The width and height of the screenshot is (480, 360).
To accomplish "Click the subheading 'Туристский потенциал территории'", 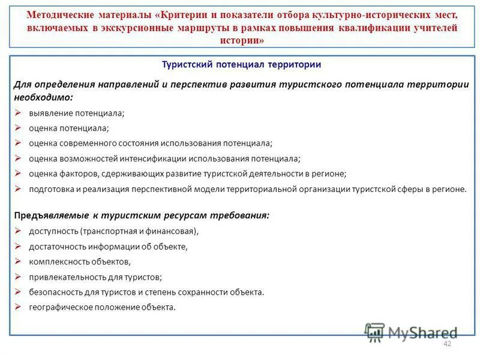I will coord(242,64).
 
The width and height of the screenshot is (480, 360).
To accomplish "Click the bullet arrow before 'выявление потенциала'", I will coord(17,112).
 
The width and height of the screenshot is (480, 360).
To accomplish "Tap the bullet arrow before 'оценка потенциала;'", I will coord(17,128).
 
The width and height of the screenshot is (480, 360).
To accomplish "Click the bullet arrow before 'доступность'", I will coord(17,230).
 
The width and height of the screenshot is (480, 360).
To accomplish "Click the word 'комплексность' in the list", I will coord(56,262).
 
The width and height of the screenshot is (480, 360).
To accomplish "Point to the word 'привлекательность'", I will coord(64,277).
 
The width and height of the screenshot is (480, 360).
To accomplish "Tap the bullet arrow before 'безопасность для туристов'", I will coord(17,292).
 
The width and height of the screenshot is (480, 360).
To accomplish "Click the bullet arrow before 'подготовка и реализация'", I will coord(17,188).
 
